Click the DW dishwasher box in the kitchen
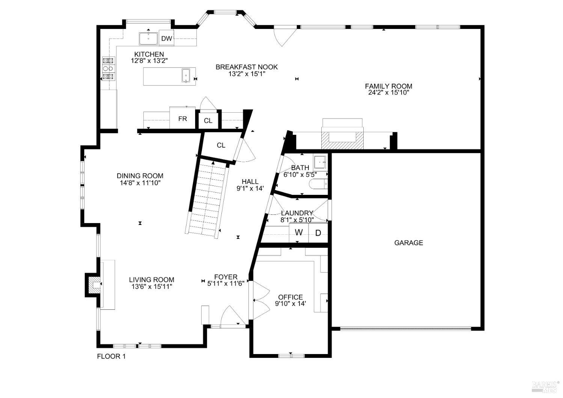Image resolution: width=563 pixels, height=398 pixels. pyautogui.click(x=167, y=38)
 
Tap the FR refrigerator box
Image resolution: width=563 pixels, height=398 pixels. pyautogui.click(x=182, y=119)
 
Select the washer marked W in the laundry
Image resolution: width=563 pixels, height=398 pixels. pyautogui.click(x=299, y=233)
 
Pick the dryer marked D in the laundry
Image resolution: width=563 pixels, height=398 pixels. pyautogui.click(x=318, y=233)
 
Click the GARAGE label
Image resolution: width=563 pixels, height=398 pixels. pyautogui.click(x=408, y=243)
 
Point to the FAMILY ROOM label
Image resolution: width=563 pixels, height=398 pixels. pyautogui.click(x=388, y=86)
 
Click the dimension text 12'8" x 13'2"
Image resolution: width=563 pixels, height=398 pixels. pyautogui.click(x=149, y=60)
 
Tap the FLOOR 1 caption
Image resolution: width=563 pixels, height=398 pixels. pyautogui.click(x=111, y=357)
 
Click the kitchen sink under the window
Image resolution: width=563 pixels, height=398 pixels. pyautogui.click(x=149, y=38)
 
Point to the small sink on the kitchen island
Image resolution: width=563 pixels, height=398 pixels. pyautogui.click(x=186, y=75)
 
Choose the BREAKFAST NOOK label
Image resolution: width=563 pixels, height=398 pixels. pyautogui.click(x=247, y=67)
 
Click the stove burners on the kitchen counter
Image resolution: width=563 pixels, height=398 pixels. pyautogui.click(x=108, y=68)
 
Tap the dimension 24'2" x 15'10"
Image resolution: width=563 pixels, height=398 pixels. pyautogui.click(x=388, y=92)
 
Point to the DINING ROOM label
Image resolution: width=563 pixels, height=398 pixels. pyautogui.click(x=140, y=176)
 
